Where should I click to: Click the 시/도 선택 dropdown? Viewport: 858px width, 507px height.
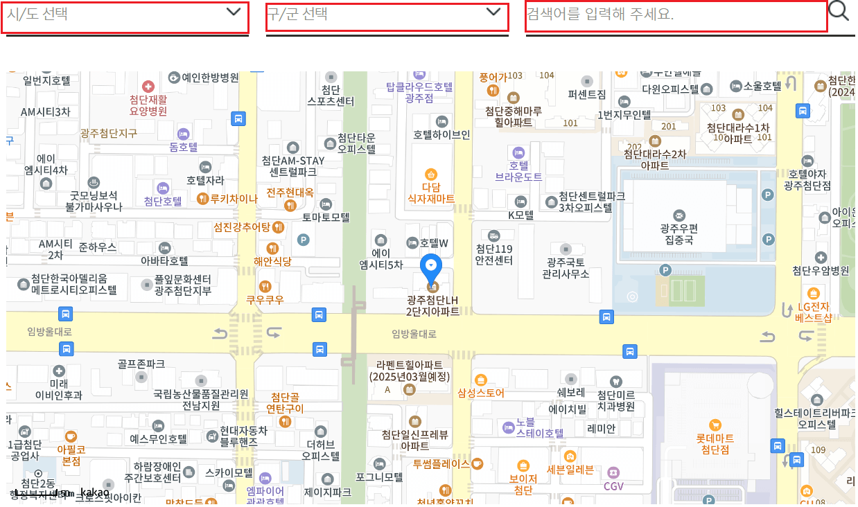(125, 15)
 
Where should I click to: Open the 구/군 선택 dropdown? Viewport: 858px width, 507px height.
(386, 15)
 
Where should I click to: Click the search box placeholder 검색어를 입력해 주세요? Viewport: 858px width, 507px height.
(676, 15)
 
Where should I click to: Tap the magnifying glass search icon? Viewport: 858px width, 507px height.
(839, 11)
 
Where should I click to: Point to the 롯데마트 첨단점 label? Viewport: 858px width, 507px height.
(715, 443)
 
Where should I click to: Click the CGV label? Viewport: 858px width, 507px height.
(613, 486)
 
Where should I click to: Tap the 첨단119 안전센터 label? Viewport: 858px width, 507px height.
(493, 254)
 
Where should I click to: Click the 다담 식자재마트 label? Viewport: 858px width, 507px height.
(431, 193)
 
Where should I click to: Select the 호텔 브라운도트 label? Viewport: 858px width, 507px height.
(518, 171)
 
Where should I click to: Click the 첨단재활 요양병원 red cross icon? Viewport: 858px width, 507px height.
(148, 87)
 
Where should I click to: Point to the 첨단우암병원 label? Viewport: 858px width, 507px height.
(821, 270)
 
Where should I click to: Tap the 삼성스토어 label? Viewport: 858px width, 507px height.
(481, 393)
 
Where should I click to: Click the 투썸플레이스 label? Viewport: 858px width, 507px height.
(442, 463)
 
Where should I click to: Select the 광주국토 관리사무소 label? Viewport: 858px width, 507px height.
(566, 267)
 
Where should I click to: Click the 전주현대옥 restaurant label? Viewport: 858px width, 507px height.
(290, 192)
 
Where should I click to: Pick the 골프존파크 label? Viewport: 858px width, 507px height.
(141, 363)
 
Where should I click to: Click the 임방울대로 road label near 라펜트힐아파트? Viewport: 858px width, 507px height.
(414, 334)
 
